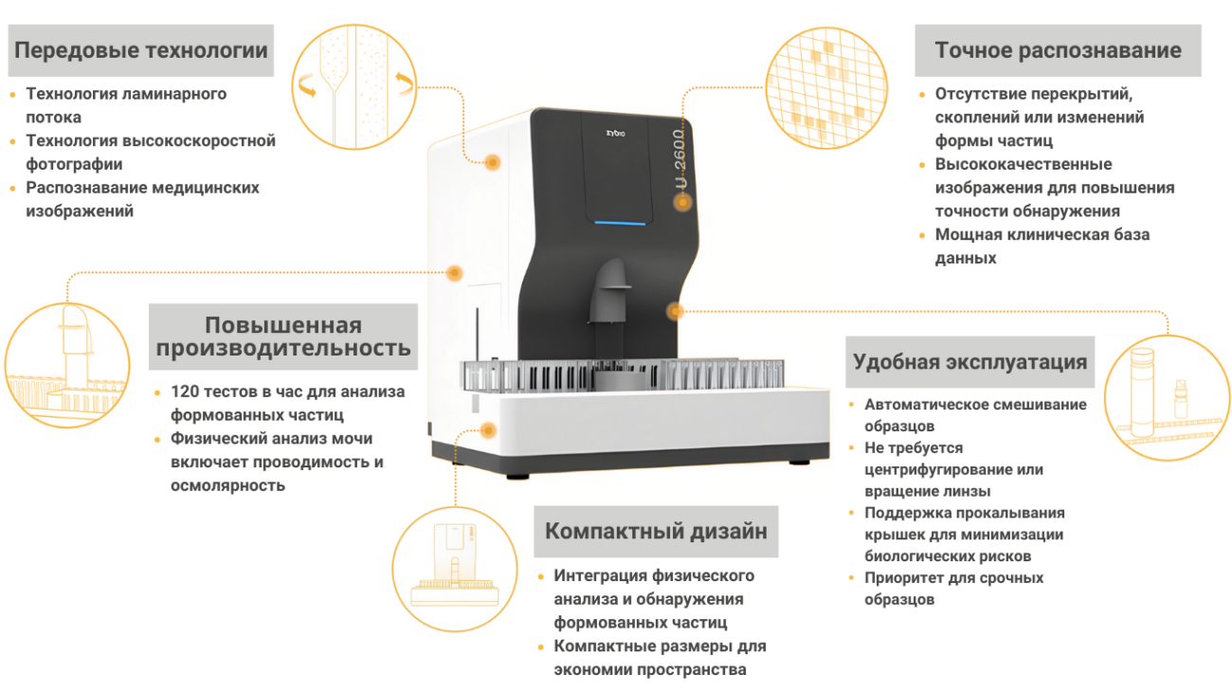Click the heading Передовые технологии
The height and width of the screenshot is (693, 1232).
point(141,50)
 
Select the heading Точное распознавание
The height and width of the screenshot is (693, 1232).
point(1059,50)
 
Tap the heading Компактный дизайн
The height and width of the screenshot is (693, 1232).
point(656,531)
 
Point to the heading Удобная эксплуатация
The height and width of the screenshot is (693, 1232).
point(970,362)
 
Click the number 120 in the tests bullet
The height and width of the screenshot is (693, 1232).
point(185,392)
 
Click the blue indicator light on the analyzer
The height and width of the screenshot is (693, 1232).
point(620,223)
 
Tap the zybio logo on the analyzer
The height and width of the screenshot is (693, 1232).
point(615,133)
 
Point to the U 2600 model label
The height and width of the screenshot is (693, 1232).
point(680,159)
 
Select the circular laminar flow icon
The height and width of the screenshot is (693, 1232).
point(354,87)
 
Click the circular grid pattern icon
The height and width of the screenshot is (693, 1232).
point(826,88)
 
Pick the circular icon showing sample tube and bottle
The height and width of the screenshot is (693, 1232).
point(1168,397)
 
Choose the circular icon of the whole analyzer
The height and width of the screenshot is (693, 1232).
point(455,569)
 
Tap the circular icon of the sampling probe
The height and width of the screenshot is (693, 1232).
point(67,365)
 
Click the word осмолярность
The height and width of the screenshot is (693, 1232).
point(227,485)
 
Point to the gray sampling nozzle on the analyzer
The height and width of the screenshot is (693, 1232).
point(609,291)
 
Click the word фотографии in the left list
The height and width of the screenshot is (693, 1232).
point(74,164)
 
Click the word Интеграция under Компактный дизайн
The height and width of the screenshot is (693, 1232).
point(601,575)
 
